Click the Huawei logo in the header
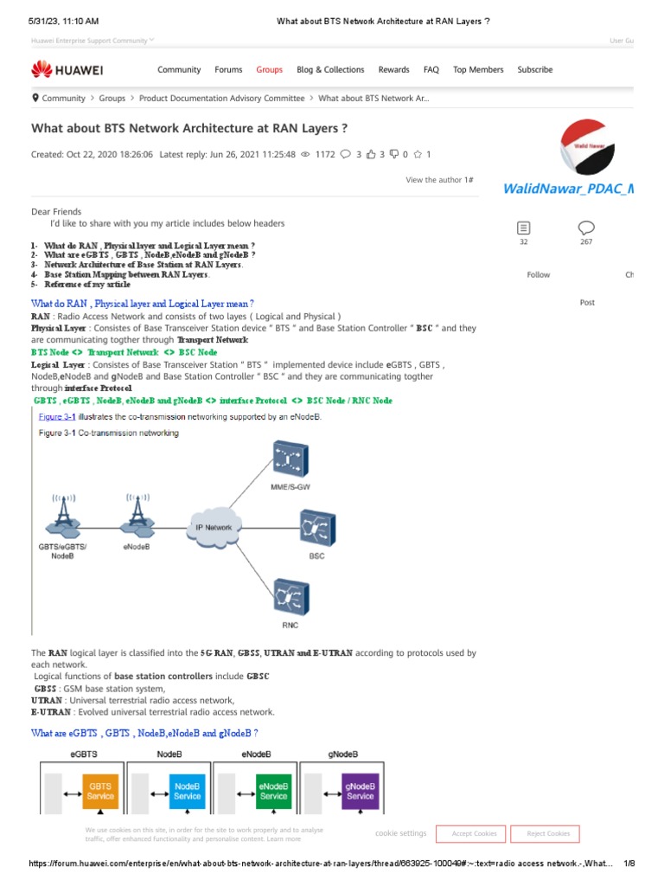pyautogui.click(x=67, y=69)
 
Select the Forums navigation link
pyautogui.click(x=228, y=69)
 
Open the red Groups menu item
pyautogui.click(x=269, y=69)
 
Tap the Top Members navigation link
pyautogui.click(x=478, y=69)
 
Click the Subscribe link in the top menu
pyautogui.click(x=534, y=69)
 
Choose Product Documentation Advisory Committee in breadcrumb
pyautogui.click(x=221, y=99)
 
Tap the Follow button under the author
pyautogui.click(x=538, y=274)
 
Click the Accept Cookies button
pyautogui.click(x=471, y=833)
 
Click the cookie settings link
pyautogui.click(x=400, y=833)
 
